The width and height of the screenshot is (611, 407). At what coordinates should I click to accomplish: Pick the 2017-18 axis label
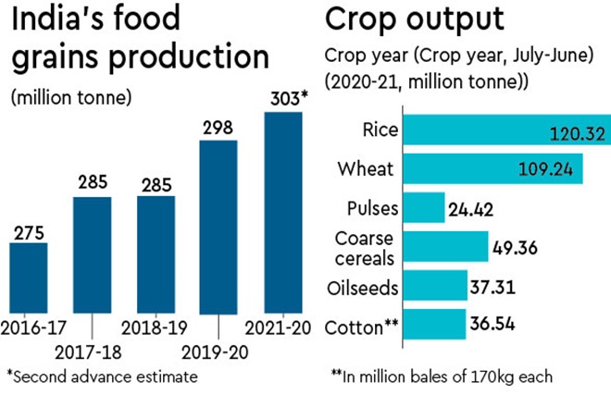[93, 351]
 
